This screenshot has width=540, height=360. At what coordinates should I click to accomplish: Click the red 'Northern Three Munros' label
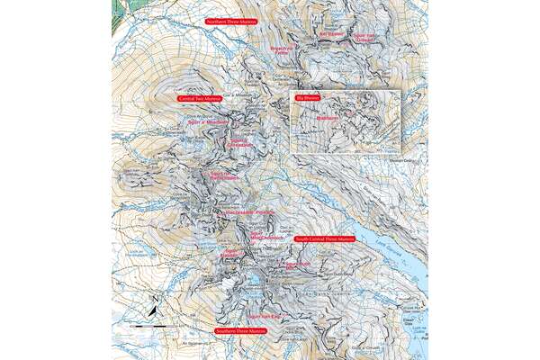230,21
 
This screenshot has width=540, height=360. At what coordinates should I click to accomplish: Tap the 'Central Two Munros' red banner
200,98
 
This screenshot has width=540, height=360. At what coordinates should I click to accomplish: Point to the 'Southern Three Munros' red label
241,331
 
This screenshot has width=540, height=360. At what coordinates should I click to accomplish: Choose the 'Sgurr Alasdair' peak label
231,255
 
